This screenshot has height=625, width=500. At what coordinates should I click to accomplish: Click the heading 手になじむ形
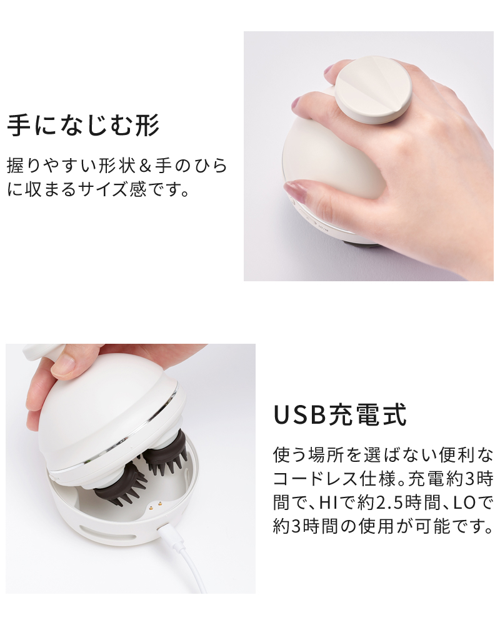(83, 125)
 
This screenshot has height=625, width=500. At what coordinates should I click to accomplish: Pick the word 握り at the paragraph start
(23, 166)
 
